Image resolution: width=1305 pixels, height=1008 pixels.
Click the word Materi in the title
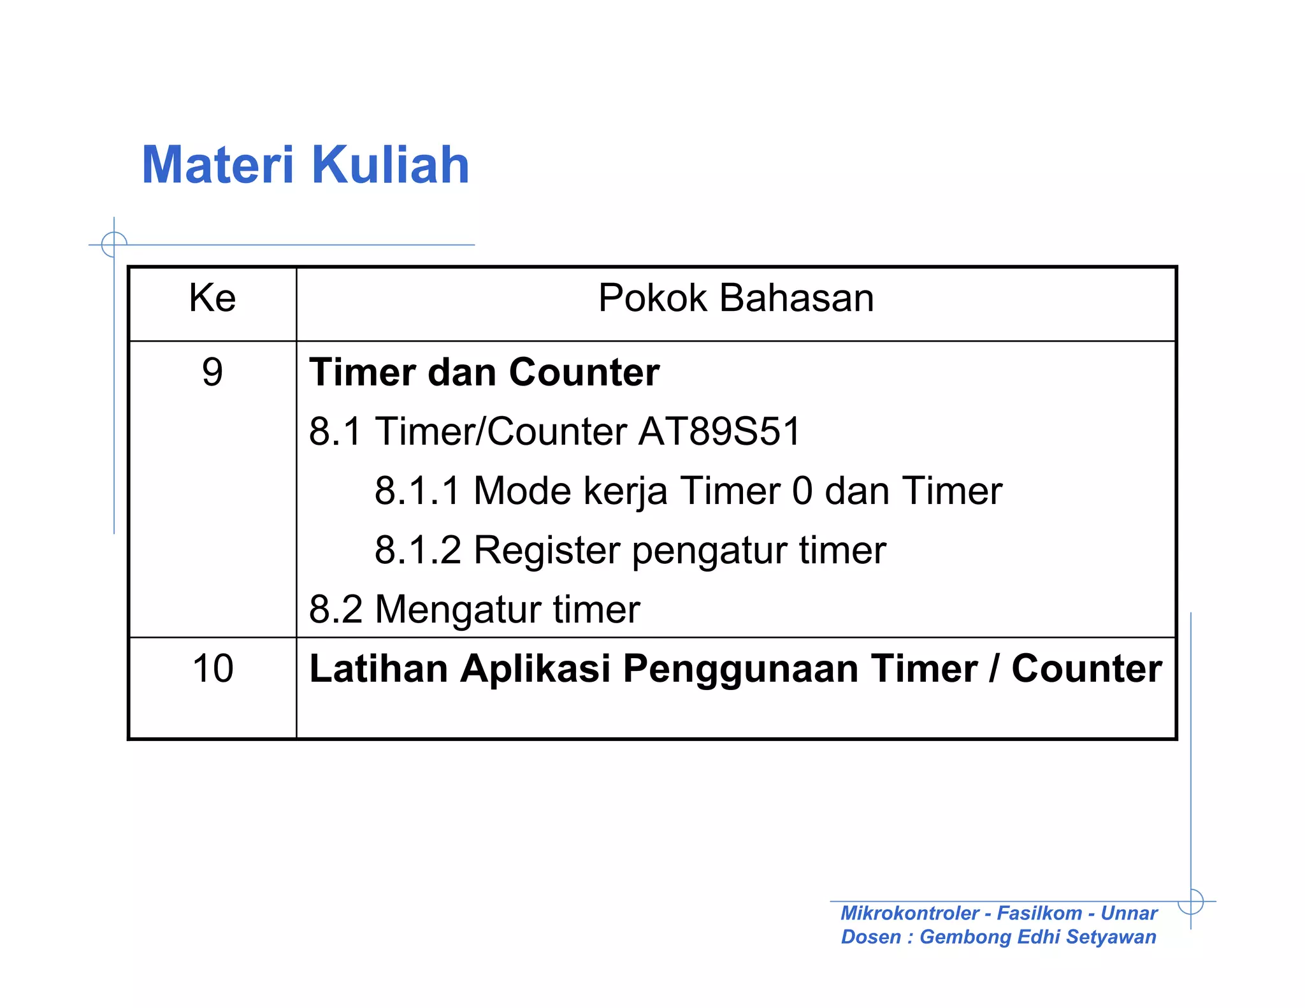point(217,165)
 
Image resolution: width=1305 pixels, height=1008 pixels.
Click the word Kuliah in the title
point(391,165)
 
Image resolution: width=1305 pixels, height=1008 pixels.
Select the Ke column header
point(212,298)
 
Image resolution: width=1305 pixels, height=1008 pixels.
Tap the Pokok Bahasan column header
point(735,298)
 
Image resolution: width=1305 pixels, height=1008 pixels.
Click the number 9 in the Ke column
point(212,372)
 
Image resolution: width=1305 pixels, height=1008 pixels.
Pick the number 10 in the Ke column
point(212,668)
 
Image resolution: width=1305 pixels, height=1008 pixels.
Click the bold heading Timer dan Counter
point(484,372)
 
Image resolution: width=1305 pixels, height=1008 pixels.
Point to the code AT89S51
point(719,431)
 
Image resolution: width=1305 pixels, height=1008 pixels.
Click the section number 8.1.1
point(417,491)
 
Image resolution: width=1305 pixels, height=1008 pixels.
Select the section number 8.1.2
point(417,550)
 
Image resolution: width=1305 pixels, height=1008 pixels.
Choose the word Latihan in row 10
point(379,668)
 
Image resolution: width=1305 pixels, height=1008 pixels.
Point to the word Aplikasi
point(535,670)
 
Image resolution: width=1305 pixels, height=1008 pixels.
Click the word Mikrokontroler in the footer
point(909,913)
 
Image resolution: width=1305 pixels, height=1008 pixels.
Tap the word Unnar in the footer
point(1128,913)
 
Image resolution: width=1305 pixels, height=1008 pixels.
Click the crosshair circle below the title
point(114,245)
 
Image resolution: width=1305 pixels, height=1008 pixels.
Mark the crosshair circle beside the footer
point(1190,901)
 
